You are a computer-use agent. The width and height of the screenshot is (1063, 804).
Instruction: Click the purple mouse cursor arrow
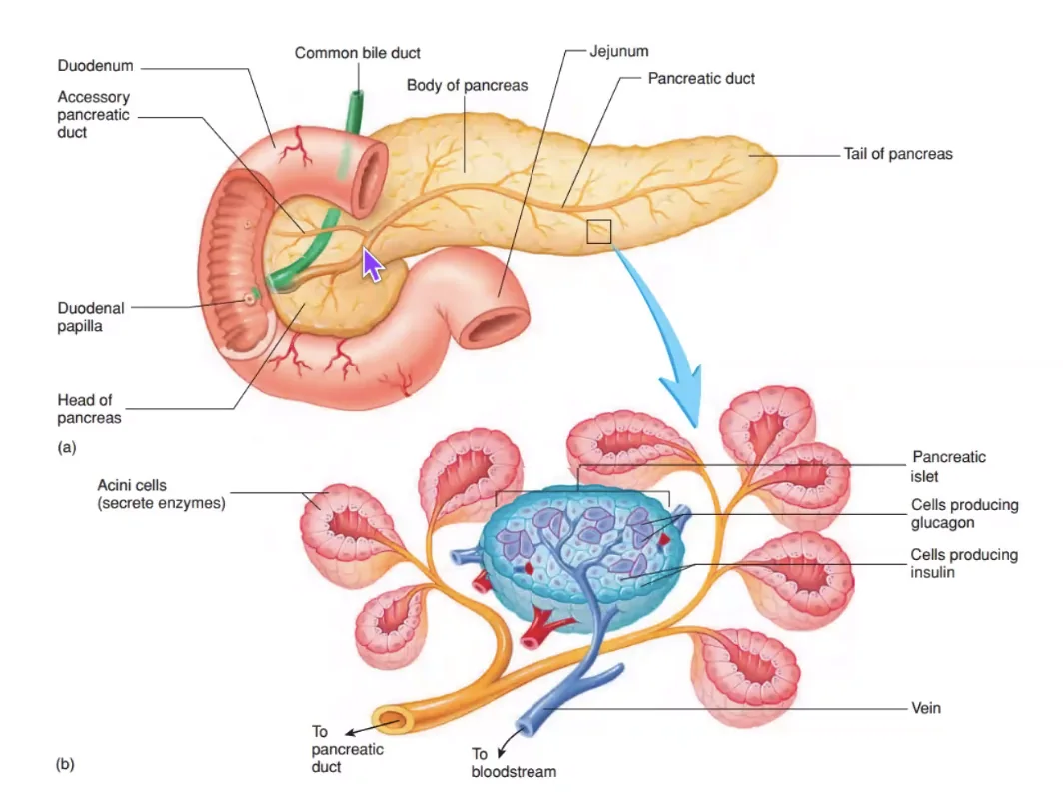tap(372, 264)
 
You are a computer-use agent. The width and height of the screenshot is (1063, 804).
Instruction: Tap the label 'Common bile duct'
tap(358, 53)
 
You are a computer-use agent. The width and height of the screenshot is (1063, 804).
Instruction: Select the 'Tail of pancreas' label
tap(897, 154)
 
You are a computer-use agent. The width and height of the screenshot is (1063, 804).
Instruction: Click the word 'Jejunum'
tap(619, 51)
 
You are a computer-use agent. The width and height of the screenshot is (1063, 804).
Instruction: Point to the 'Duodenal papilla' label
tap(91, 317)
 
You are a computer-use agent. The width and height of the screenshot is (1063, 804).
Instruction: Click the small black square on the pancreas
tap(598, 231)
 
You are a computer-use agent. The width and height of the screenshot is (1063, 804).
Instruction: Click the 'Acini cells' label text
tap(132, 485)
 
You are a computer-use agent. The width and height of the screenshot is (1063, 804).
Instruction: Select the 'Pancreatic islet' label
tap(948, 466)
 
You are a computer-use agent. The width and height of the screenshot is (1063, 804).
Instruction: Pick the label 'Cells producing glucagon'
tap(964, 514)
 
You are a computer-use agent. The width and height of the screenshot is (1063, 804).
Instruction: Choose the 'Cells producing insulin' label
tap(964, 563)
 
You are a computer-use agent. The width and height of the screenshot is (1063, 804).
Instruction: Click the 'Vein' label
tap(926, 708)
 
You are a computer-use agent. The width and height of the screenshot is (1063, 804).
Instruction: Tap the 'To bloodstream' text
tap(514, 763)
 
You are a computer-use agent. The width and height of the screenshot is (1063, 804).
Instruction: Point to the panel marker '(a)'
tap(66, 447)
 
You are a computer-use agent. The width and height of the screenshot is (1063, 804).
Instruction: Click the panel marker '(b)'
tap(65, 765)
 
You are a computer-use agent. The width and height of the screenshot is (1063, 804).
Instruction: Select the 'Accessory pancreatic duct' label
tap(93, 115)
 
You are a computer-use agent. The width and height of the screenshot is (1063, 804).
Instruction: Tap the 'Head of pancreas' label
tap(89, 408)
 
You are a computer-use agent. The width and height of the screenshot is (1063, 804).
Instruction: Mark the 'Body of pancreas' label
tap(468, 85)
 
